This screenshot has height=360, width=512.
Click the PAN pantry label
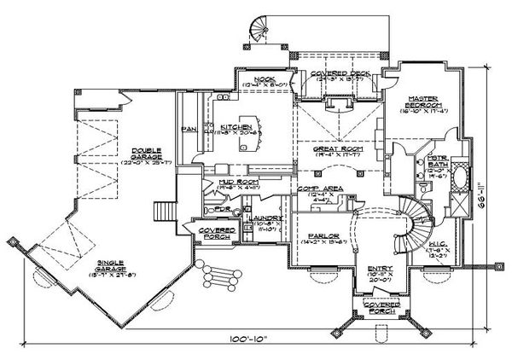(189, 130)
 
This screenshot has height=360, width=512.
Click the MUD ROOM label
(220, 183)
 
